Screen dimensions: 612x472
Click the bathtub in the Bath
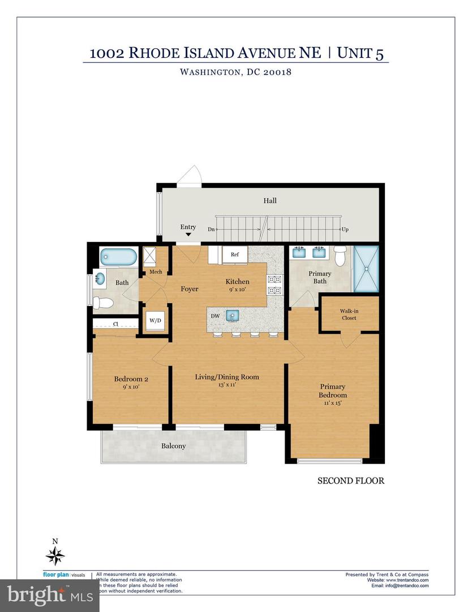(x=118, y=258)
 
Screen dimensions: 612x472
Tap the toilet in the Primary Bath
(x=340, y=257)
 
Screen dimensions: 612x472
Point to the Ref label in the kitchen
(x=234, y=255)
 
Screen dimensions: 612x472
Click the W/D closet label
(x=155, y=320)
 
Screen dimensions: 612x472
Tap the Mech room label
(x=156, y=272)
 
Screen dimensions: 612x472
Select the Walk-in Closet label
(x=348, y=314)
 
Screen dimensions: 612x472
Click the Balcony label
(x=173, y=446)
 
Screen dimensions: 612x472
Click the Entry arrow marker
(x=188, y=234)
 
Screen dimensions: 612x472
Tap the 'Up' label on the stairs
(x=344, y=229)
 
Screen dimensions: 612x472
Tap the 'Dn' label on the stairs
(x=211, y=229)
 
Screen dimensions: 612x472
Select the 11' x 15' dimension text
(x=332, y=403)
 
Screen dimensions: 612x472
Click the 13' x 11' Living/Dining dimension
(x=226, y=385)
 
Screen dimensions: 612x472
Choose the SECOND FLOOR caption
(x=350, y=481)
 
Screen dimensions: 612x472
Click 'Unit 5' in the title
(x=363, y=53)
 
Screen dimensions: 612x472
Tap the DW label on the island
(x=216, y=315)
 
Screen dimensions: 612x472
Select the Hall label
(x=270, y=201)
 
